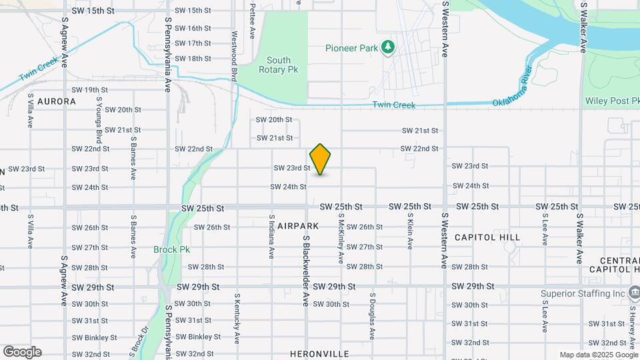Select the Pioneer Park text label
tap(351, 48)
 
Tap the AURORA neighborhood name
tap(56, 101)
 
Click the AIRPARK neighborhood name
tap(299, 226)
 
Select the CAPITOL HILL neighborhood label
tap(487, 237)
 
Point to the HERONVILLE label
tap(319, 353)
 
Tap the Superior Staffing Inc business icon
tap(634, 293)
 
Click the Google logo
tap(22, 352)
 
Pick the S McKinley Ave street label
tap(341, 237)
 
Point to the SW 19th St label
tap(89, 90)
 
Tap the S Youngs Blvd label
tap(99, 120)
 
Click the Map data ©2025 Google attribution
tap(598, 355)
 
